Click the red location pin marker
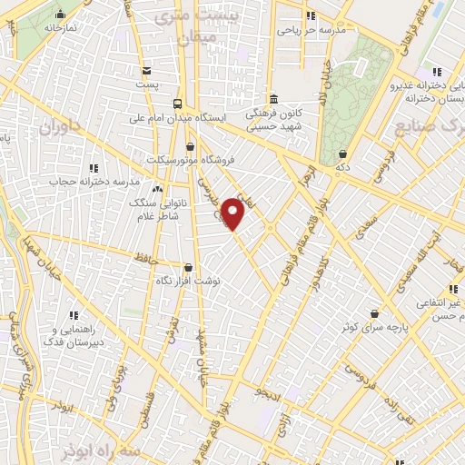234,213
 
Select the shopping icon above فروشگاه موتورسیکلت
190,146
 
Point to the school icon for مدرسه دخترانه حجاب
94,167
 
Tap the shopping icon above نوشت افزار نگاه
188,268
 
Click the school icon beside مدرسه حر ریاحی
311,15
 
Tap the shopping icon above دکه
341,153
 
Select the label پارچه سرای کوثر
372,326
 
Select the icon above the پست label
141,68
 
